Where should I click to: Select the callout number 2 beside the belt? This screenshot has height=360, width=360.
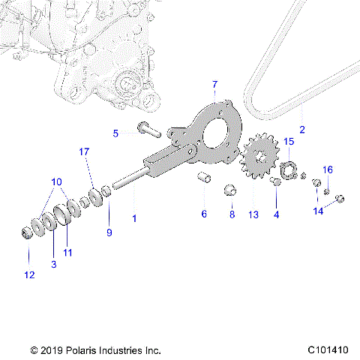(x=302, y=130)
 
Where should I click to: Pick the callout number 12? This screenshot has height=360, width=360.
(x=29, y=275)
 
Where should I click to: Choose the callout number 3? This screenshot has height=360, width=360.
(x=53, y=264)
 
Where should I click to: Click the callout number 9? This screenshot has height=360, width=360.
(x=109, y=233)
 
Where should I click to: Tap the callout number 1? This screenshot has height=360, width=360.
(x=135, y=218)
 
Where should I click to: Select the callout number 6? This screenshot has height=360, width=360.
(x=203, y=214)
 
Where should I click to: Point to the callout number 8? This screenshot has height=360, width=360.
(x=232, y=214)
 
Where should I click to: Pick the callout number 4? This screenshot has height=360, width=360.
(x=276, y=214)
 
